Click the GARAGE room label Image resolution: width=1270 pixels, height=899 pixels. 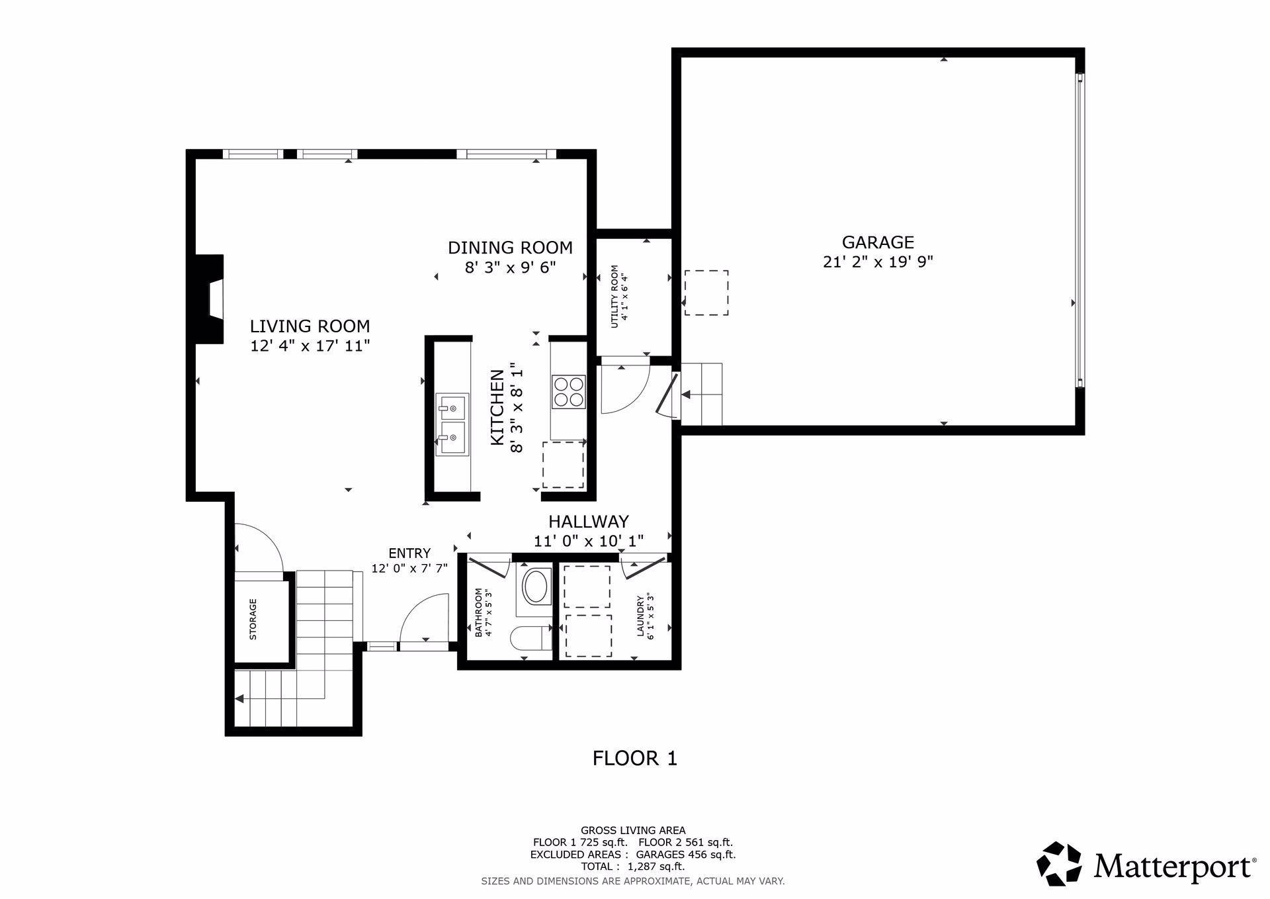[x=877, y=242]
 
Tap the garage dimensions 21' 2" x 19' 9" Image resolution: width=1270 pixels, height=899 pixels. [x=878, y=261]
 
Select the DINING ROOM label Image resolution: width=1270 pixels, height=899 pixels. [x=510, y=248]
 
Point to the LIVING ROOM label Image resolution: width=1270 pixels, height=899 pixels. [x=310, y=326]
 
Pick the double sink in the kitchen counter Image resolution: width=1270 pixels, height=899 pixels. [x=452, y=424]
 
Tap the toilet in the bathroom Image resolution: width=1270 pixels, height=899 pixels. [x=531, y=638]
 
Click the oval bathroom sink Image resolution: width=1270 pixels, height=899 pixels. [x=535, y=587]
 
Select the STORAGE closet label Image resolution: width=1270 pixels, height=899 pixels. [x=253, y=620]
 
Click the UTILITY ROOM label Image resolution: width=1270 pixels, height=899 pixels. [x=614, y=296]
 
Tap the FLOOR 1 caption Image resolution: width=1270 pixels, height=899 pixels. [x=635, y=758]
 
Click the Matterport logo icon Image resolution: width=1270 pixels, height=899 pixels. [x=1059, y=863]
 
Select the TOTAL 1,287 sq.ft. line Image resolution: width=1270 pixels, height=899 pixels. [x=633, y=866]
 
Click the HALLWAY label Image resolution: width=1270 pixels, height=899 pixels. [x=588, y=522]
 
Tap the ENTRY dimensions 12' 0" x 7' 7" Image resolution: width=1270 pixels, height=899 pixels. [x=409, y=568]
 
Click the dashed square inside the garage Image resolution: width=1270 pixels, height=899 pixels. [x=706, y=293]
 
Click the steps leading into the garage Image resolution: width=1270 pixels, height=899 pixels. [x=702, y=394]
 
